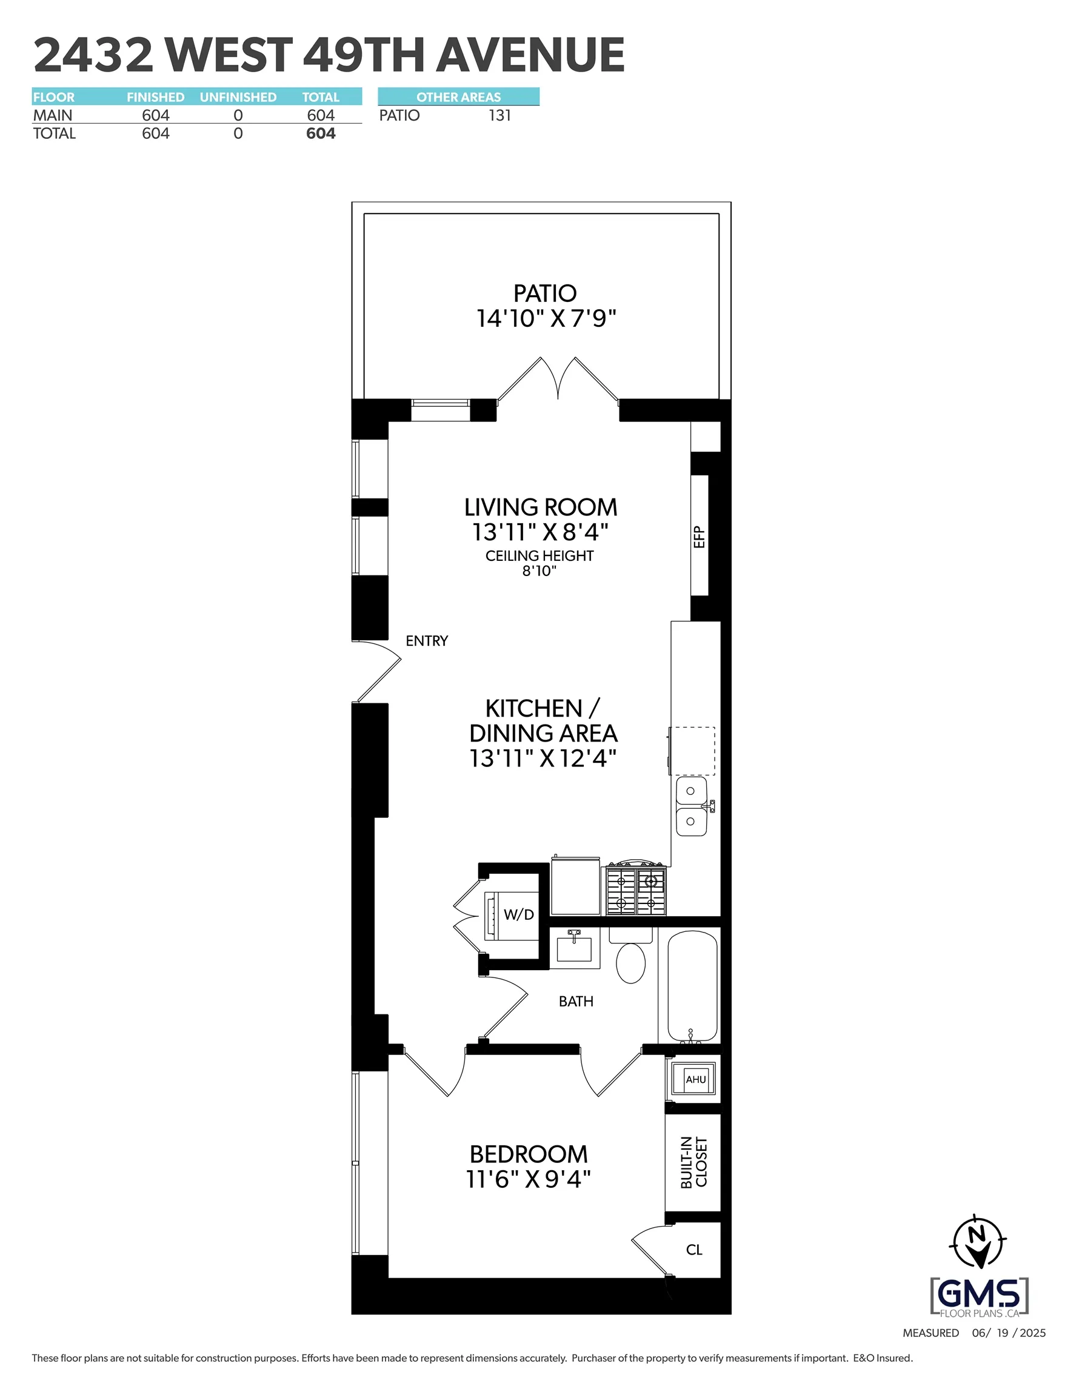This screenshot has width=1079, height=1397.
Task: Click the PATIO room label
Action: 545,293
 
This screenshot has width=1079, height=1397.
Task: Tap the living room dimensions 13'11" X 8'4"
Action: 540,532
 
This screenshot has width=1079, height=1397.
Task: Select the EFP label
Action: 699,537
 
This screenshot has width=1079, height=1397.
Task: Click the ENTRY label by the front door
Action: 427,641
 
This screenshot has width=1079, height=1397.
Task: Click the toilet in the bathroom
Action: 630,963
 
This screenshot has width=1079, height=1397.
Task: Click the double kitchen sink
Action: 692,806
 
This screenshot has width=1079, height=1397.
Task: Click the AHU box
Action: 695,1080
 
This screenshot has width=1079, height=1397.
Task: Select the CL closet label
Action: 694,1250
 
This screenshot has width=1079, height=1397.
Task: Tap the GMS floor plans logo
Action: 978,1296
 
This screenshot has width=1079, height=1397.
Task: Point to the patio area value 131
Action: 499,116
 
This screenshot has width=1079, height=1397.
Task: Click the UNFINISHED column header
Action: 238,97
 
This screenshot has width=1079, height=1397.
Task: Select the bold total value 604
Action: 321,133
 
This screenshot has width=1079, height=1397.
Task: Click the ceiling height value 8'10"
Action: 539,571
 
